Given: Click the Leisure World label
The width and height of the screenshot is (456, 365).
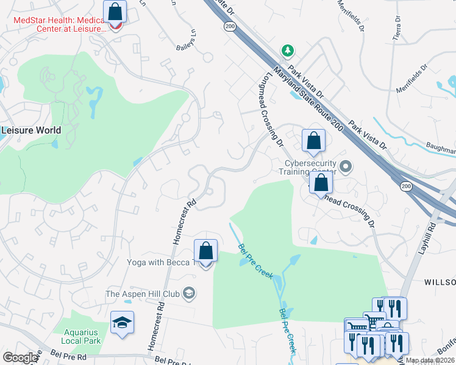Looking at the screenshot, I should pos(31,130).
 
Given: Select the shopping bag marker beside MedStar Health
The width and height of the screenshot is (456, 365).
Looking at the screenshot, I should pos(115,13).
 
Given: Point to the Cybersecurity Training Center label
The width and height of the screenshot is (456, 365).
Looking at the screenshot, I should pos(312,167).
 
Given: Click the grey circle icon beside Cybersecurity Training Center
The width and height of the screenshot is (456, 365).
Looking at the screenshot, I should pos(346,165).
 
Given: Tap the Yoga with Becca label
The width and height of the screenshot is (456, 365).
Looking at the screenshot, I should pos(160,263).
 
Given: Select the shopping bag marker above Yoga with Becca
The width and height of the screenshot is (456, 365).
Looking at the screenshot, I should pos(206,251).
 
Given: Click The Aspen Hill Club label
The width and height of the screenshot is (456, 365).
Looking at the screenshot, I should pos(143,294).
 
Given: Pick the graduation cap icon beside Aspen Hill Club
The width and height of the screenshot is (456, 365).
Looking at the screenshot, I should pos(189,294).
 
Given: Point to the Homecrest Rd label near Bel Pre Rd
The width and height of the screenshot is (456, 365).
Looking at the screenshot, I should pos(154,325).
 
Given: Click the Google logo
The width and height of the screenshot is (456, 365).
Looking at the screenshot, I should pos(20,358).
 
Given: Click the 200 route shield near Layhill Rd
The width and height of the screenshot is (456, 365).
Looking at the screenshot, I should pos(406,186).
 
